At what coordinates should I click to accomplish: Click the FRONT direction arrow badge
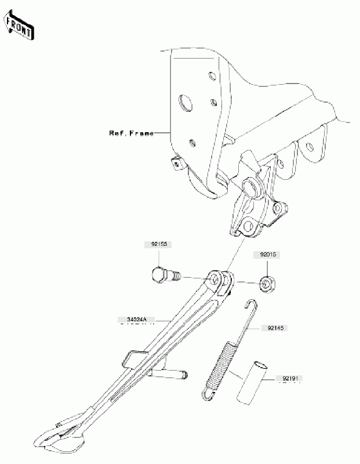click(x=18, y=27)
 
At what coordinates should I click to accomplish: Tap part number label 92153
click(x=156, y=245)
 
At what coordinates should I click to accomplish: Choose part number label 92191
click(x=293, y=379)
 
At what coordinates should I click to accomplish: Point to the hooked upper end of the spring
click(x=250, y=305)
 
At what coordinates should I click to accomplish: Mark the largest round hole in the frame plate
click(x=186, y=103)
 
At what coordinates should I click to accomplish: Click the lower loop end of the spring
click(x=208, y=394)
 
